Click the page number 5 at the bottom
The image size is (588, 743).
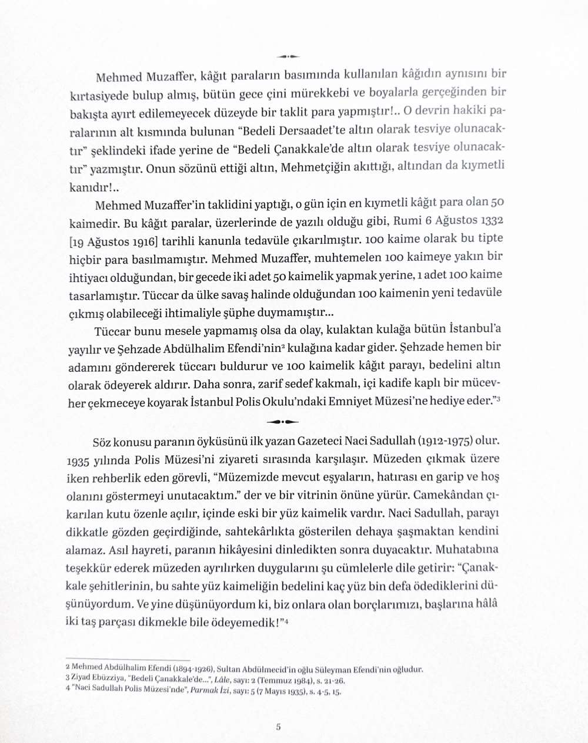click(278, 727)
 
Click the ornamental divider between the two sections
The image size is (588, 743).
click(282, 421)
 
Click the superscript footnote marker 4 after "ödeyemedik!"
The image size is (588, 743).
click(286, 621)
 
